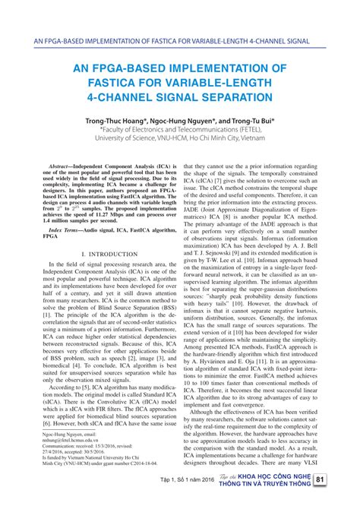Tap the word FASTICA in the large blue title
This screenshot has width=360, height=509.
[x=105, y=83]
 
